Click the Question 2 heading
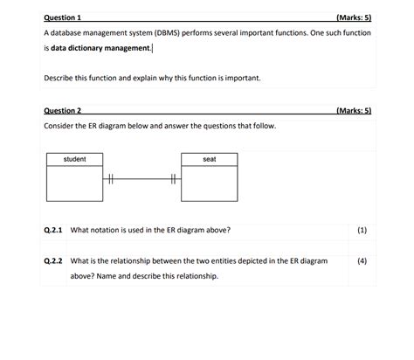(x=62, y=112)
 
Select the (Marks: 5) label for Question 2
(x=353, y=112)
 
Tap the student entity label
(x=75, y=159)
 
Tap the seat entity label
(x=209, y=159)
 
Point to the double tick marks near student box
(x=111, y=180)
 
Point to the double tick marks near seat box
(x=173, y=180)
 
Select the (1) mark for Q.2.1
(x=362, y=231)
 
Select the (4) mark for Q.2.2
(x=362, y=260)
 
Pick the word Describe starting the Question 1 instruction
(x=59, y=79)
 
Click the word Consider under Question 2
(x=60, y=127)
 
